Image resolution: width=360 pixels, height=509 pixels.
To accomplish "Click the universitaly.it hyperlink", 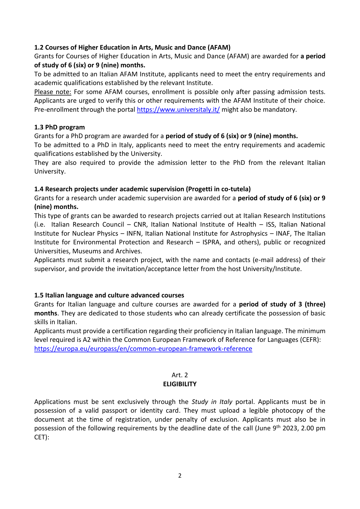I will coord(178,110).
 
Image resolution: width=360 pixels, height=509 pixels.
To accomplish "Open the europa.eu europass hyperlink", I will coord(143,349).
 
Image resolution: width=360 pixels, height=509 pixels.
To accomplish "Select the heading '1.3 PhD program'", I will coord(59,127).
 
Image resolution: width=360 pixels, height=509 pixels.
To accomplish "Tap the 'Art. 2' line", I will coord(180,375).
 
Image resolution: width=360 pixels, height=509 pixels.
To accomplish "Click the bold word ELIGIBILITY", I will coord(180,384).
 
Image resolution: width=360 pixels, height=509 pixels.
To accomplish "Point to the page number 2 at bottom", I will coord(180,476).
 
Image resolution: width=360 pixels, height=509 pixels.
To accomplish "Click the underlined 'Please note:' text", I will coord(53,92).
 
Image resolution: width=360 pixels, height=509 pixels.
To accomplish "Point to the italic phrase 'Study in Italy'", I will coord(212,402).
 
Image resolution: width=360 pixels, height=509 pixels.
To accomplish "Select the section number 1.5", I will coord(39,295).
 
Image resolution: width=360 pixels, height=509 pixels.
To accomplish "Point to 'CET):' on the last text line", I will coord(42,437).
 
